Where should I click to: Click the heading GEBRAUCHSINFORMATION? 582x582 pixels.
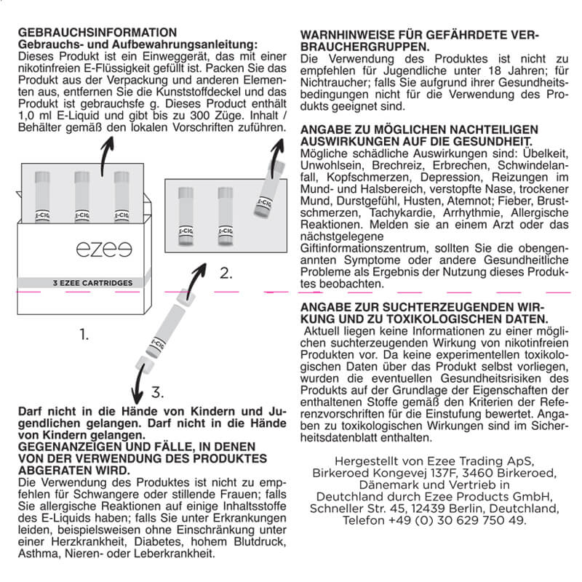pyautogui.click(x=97, y=33)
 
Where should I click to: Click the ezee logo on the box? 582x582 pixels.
pyautogui.click(x=99, y=250)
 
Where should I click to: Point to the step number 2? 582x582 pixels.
pyautogui.click(x=226, y=274)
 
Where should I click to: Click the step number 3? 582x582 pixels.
pyautogui.click(x=157, y=393)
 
